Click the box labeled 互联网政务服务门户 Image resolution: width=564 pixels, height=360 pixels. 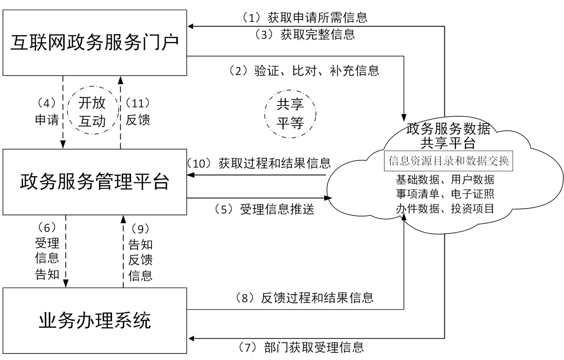pos(94,43)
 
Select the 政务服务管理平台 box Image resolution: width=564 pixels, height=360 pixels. pos(94,182)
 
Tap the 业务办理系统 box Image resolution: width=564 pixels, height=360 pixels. pos(94,320)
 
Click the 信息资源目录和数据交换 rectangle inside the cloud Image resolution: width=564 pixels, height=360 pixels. pos(448,161)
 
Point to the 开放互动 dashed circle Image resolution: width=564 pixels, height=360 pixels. pos(92,112)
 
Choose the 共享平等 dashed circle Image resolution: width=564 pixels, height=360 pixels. pos(290,114)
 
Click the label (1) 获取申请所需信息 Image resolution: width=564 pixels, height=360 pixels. pos(305,17)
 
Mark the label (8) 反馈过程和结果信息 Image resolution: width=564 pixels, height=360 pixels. pos(305,298)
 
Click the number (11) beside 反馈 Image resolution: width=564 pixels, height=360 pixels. pos(138,103)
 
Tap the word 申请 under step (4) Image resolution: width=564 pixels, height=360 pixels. pos(47,120)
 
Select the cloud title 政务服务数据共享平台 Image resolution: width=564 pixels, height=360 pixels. pos(448,136)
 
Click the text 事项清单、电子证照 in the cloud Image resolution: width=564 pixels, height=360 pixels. pos(445,194)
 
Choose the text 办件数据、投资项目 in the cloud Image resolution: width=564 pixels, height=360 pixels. pos(445,208)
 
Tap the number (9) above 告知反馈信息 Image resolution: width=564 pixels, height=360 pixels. pos(140,229)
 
